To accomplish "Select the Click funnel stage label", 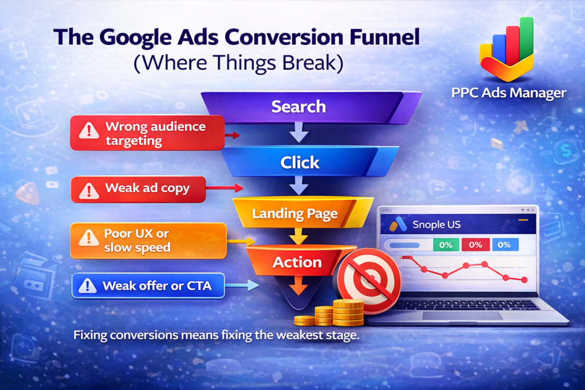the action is (x=299, y=163).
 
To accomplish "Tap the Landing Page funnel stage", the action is (x=302, y=212).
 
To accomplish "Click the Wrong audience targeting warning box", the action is (x=147, y=133).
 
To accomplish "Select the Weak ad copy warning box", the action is (x=138, y=189).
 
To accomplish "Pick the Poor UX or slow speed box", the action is (x=148, y=240).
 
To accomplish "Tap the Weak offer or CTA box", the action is (x=148, y=286).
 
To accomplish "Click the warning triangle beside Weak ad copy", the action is (x=89, y=190).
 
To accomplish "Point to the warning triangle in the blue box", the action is (x=87, y=286).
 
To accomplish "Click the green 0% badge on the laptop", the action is (x=446, y=245).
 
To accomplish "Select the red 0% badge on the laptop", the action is (x=475, y=244).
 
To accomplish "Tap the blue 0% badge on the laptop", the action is (x=504, y=244).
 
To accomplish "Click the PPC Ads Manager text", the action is (x=508, y=93).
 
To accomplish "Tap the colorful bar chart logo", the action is (x=507, y=49).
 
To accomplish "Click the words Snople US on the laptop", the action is (x=436, y=224).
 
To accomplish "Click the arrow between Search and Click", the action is (x=299, y=132).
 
